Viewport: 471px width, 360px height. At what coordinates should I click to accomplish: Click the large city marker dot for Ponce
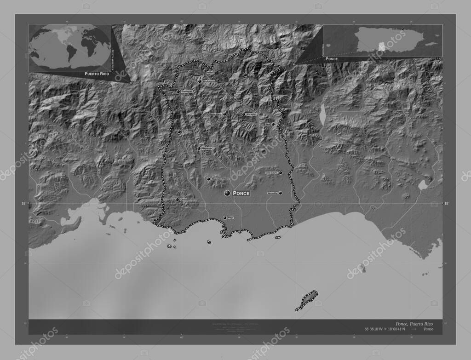coord(227,194)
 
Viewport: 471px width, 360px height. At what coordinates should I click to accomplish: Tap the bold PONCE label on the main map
coord(241,194)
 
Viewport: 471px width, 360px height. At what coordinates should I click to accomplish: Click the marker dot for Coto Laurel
coord(280,173)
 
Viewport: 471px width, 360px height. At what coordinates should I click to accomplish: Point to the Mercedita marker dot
coord(280,193)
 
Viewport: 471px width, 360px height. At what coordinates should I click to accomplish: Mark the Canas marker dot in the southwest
coord(178,200)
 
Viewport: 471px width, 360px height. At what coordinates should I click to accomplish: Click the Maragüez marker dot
coord(244,114)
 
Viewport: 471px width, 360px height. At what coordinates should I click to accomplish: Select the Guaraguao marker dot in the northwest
coord(178,91)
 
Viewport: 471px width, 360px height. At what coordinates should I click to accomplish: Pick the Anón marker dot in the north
coord(245,74)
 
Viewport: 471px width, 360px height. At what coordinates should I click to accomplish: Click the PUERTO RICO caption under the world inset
coord(97,74)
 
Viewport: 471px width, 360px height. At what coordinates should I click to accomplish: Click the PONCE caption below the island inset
coord(331,59)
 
